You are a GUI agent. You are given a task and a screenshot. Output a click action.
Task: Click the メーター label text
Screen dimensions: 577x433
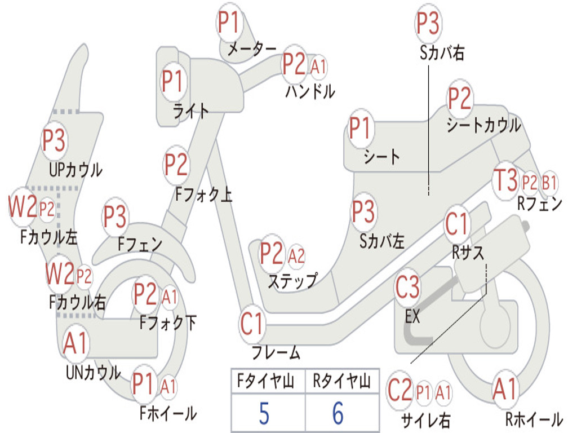(251, 50)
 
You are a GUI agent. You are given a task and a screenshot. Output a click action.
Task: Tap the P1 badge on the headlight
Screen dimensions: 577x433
(173, 81)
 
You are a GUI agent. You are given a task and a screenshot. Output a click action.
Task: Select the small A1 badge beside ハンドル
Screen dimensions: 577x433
(318, 67)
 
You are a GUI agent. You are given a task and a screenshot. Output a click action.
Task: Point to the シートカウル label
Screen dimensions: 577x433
(483, 125)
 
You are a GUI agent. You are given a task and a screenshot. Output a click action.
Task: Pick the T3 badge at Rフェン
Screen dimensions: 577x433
(505, 180)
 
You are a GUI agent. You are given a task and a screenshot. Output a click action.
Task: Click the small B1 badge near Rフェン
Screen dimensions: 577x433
(549, 183)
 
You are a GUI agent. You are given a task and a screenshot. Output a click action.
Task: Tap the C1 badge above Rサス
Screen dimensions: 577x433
(457, 224)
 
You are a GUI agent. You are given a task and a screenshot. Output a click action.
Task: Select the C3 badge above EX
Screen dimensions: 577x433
(407, 288)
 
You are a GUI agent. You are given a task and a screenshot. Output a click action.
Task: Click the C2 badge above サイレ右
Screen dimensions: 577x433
(400, 391)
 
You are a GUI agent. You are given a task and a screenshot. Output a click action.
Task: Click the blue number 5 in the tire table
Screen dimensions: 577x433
(264, 413)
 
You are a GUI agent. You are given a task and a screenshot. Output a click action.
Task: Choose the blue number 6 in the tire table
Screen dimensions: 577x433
(338, 413)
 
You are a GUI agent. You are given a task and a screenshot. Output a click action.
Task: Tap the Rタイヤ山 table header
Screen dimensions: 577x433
(341, 382)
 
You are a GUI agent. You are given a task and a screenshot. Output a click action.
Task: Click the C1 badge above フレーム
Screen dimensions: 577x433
(252, 324)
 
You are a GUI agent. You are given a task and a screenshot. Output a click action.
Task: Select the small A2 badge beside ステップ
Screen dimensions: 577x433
(296, 257)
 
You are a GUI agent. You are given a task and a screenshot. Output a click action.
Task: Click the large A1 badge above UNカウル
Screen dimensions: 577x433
(75, 343)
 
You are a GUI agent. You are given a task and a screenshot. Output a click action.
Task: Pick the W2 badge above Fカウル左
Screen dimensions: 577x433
(23, 207)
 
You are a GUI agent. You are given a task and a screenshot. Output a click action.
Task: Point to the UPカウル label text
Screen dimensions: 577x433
(76, 169)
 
